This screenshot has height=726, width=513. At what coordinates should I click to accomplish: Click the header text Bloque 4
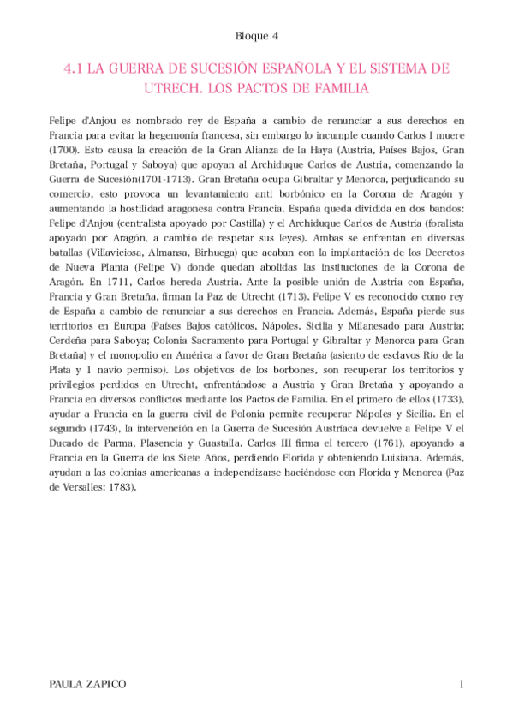pyautogui.click(x=256, y=36)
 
